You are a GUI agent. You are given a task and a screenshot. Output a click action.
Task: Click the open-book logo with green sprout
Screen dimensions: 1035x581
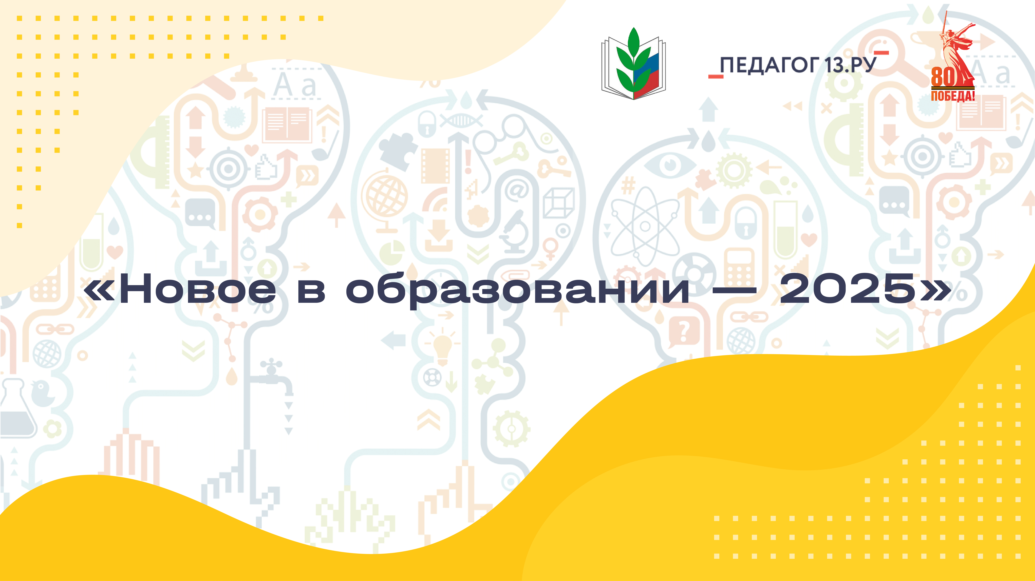point(634,64)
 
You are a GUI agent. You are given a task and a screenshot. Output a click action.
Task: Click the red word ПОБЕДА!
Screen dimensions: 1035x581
point(953,96)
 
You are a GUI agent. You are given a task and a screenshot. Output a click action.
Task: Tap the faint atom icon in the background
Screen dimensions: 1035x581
point(645,226)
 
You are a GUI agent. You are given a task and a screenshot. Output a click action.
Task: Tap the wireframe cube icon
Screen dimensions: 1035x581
point(559,203)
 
